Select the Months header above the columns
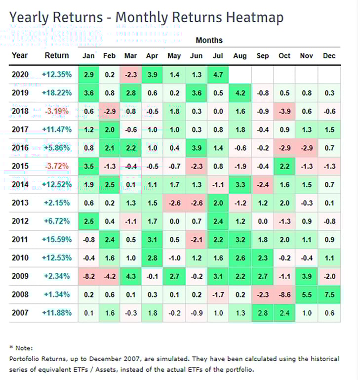point(209,40)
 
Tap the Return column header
point(57,55)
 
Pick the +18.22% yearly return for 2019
point(57,93)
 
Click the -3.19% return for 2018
point(57,111)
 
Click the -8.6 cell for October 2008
point(284,294)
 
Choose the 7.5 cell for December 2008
point(329,294)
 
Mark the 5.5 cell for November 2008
point(307,294)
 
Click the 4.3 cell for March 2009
point(131,276)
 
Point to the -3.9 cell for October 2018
point(284,111)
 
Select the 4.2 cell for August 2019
point(240,93)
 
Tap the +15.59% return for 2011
point(57,239)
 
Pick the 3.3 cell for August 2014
point(240,184)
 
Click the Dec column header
point(329,55)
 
